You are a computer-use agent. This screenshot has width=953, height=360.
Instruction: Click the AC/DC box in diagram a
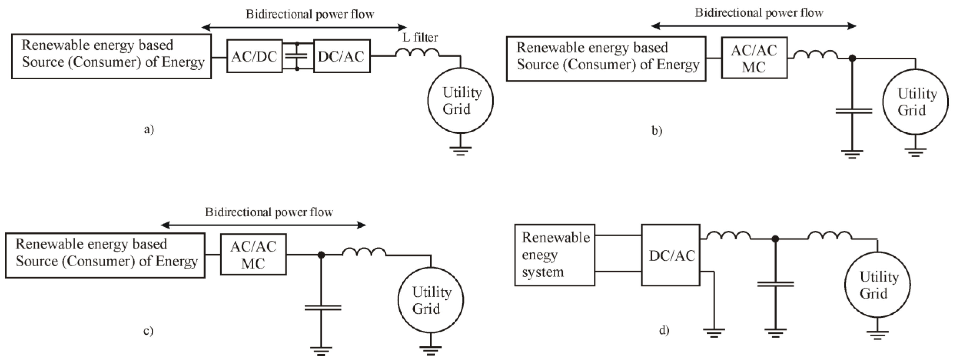point(255,56)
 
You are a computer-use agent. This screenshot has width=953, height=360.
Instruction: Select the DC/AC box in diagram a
point(341,56)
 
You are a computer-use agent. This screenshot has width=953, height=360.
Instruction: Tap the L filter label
point(420,37)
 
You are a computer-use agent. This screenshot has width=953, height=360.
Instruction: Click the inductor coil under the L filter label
point(417,53)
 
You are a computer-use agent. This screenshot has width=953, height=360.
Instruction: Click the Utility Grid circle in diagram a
point(460,100)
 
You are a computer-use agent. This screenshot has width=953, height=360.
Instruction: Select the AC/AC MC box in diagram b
point(754,58)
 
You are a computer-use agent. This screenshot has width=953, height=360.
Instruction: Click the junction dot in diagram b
point(852,58)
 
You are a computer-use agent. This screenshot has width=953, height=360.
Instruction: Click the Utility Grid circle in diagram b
point(915,102)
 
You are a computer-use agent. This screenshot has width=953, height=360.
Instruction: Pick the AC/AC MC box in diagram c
point(253,255)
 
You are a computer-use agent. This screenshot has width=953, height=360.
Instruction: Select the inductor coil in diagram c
point(364,252)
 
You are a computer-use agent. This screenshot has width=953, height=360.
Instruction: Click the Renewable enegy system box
point(554,255)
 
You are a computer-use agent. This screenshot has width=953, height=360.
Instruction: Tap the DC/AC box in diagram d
point(670,255)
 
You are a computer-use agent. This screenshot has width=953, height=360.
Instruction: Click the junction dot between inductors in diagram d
point(775,239)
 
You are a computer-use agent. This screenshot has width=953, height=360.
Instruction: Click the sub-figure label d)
point(664,330)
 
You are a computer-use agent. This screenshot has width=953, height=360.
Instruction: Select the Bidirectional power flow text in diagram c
point(269,212)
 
